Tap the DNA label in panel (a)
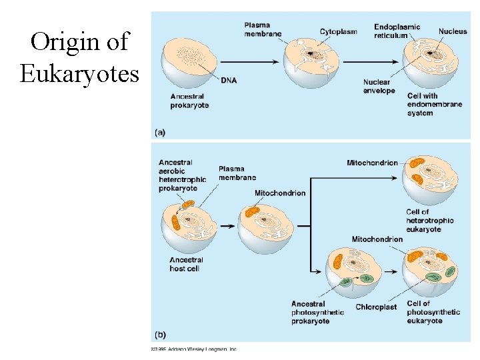229,81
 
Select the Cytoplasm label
339,31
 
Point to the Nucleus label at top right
453,31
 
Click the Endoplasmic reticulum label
397,31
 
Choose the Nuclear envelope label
379,87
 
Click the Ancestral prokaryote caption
190,101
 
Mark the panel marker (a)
161,133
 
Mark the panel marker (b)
161,335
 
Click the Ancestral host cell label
186,264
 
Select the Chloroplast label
376,307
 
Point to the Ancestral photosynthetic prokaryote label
317,312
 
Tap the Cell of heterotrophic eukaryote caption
429,221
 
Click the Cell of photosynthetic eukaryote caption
433,312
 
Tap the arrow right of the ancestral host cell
227,225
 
